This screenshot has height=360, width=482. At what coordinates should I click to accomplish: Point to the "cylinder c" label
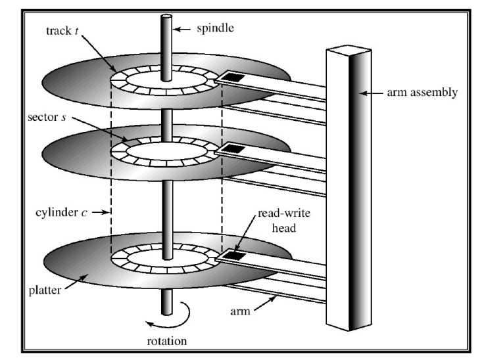64,212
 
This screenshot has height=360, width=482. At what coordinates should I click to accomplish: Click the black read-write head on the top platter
231,78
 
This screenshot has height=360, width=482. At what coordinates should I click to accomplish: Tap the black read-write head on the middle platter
231,149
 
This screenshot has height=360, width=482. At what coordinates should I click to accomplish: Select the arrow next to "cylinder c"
99,212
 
